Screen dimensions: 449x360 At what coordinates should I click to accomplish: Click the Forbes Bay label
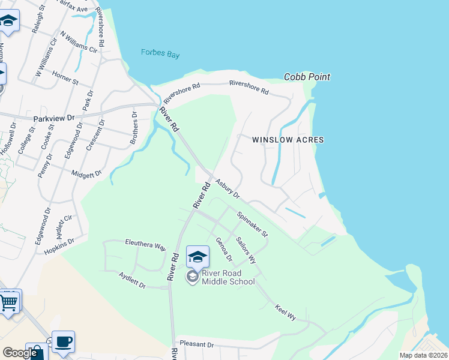coord(160,54)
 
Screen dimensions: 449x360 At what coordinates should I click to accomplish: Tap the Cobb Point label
coord(307,77)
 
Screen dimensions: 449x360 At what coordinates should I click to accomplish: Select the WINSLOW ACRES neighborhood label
coord(288,140)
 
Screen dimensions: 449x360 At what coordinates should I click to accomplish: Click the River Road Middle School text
coord(228,277)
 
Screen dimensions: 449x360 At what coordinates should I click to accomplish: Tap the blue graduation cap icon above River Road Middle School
coord(197,258)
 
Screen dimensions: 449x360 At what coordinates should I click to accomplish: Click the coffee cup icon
coord(63,342)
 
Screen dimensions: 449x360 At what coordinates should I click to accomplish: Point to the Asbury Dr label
coord(228,189)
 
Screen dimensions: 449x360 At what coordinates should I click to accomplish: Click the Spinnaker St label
coord(252,224)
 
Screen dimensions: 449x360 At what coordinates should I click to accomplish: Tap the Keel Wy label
coord(285,312)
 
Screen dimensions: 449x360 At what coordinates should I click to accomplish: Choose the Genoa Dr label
coord(224,249)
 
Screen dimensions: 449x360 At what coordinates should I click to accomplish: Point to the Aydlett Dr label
coord(132,280)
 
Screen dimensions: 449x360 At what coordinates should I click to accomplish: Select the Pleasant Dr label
coord(196,345)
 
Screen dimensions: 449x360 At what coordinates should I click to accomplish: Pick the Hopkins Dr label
coord(58,247)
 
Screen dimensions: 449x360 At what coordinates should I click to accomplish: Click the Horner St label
coord(65,79)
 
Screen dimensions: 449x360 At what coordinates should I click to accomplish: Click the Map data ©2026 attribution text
coord(423,355)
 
